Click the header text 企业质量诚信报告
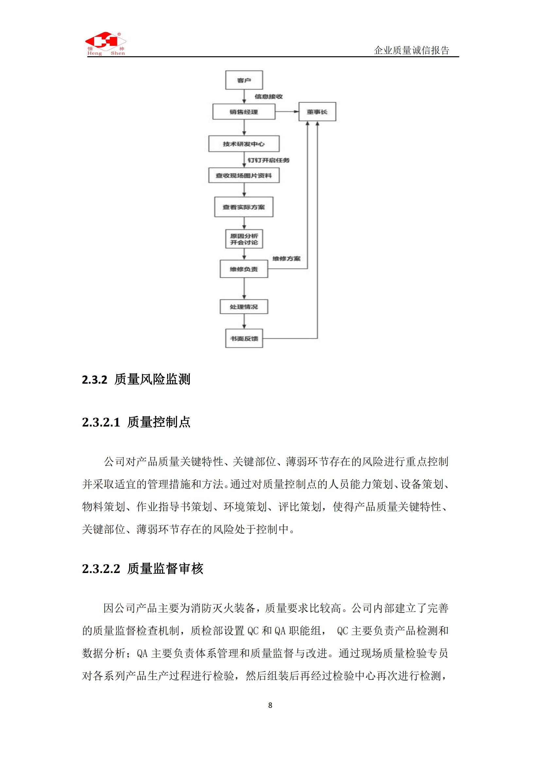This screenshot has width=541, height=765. [x=411, y=50]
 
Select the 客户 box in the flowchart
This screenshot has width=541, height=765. [x=244, y=80]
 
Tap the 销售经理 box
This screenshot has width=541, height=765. [x=244, y=112]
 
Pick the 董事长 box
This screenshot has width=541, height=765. [x=317, y=112]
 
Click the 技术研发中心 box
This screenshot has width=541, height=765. [x=244, y=144]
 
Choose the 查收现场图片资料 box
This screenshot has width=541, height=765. [x=244, y=176]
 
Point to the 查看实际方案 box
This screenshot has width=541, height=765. [x=244, y=207]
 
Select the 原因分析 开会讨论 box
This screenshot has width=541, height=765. [x=244, y=239]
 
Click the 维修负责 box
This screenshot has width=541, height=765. [x=244, y=269]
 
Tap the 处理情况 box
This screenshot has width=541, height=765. [x=244, y=307]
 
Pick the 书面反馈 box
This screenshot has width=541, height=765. [x=244, y=339]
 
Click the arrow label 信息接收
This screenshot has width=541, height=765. [x=269, y=96]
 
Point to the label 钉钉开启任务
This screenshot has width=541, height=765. [x=269, y=160]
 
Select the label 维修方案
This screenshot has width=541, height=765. [x=287, y=259]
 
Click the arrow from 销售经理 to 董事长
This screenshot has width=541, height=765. [x=287, y=112]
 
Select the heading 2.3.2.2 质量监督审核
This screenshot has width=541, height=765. [x=143, y=569]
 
